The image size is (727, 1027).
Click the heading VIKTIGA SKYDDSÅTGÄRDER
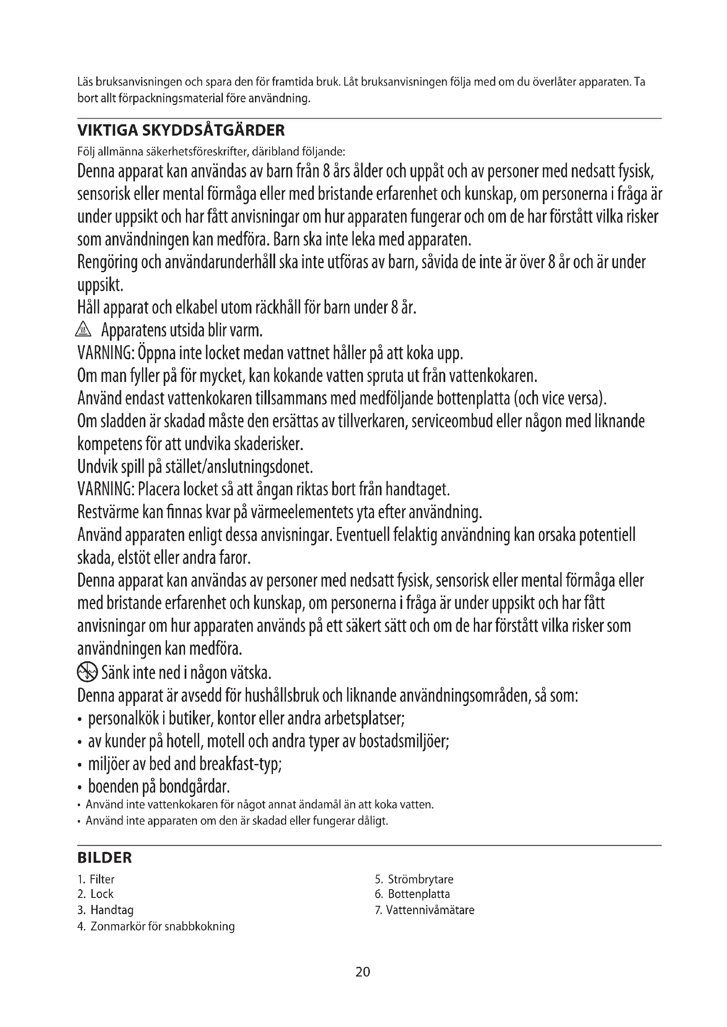click(181, 130)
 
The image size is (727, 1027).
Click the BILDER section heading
click(104, 858)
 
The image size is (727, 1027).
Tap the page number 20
click(363, 972)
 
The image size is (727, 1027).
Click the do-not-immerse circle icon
click(87, 672)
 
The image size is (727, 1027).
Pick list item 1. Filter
click(96, 879)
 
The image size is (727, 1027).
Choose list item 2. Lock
click(96, 894)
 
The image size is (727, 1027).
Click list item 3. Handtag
click(105, 909)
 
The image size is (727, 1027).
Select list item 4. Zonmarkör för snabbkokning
click(156, 926)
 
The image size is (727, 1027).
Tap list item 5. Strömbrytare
click(414, 879)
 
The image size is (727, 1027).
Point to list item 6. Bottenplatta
click(412, 894)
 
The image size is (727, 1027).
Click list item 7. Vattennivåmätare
click(425, 909)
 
